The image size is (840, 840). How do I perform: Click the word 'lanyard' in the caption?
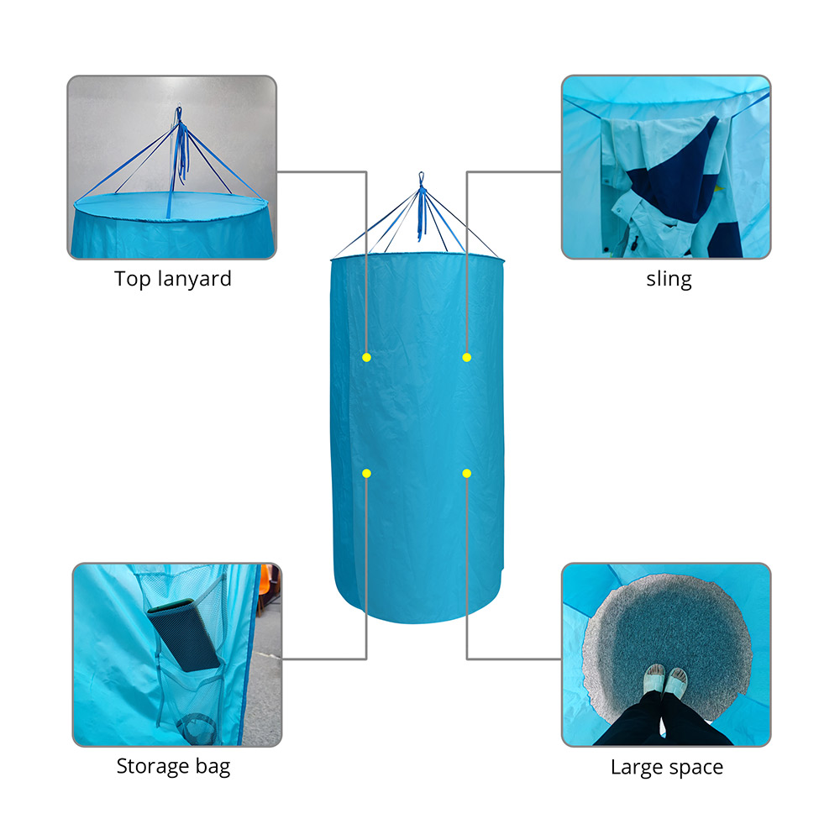195,279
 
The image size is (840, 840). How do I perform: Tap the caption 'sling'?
669,279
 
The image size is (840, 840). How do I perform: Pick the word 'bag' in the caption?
213,767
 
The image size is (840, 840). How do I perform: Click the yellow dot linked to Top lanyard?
366,357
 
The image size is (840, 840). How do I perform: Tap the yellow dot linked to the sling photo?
466,357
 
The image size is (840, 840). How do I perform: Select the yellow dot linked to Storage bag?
366,473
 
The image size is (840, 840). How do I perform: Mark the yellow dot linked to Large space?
466,473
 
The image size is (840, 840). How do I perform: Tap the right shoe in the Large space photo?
676,682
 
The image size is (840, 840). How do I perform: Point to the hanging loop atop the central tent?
421,179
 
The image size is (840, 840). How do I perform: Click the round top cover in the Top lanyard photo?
171,206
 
